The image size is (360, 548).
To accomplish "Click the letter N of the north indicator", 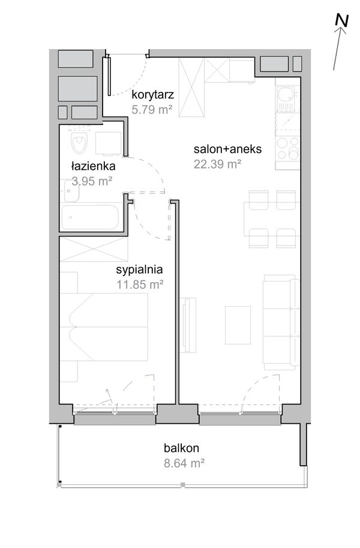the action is tap(341, 20).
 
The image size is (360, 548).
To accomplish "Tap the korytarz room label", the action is tap(153, 95).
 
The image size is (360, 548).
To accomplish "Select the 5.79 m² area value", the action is tap(152, 110).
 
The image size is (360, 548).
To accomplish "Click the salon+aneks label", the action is tap(227, 149).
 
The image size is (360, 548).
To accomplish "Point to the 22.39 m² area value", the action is tap(217, 164).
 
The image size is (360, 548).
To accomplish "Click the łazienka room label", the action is tap(93, 166).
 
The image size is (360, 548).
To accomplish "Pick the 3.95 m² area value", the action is tap(92, 181).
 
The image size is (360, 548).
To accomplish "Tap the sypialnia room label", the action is tap(139, 270).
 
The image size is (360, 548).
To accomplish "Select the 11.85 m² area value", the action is tap(140, 285).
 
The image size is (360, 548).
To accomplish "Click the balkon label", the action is tap(181, 448).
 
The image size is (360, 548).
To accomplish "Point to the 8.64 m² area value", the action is tap(184, 463).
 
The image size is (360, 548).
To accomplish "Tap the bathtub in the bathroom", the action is tap(90, 217).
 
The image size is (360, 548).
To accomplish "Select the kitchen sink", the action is tap(287, 98).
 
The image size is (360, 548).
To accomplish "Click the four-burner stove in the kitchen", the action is tap(287, 148).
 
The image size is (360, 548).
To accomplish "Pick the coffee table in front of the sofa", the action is tap(238, 325).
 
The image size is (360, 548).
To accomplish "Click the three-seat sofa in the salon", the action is tap(281, 322).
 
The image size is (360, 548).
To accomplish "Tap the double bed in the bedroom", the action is tap(104, 327).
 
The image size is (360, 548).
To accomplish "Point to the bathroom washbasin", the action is tap(71, 191).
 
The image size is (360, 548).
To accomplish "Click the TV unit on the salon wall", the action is tap(188, 325).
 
